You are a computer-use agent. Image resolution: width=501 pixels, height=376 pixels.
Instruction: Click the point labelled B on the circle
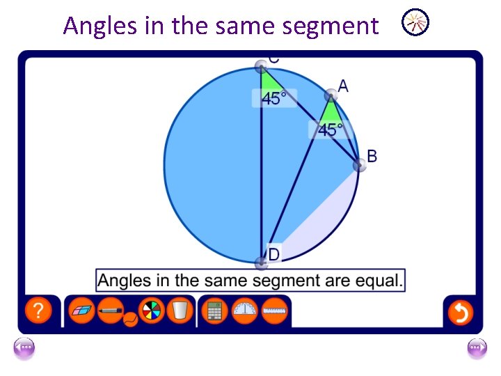pyautogui.click(x=359, y=165)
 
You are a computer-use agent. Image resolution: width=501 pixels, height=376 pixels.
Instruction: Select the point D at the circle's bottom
pyautogui.click(x=261, y=263)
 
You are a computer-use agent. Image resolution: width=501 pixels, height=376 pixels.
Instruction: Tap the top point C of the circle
pyautogui.click(x=261, y=66)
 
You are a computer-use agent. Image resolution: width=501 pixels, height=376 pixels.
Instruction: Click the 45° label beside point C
pyautogui.click(x=274, y=99)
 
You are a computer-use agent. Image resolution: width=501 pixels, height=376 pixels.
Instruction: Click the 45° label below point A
pyautogui.click(x=331, y=130)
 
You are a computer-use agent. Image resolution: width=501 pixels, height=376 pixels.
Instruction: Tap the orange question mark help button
pyautogui.click(x=39, y=311)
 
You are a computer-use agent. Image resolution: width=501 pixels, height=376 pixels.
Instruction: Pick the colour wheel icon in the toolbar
pyautogui.click(x=151, y=311)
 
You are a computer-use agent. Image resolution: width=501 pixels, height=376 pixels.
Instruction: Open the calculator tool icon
pyautogui.click(x=214, y=311)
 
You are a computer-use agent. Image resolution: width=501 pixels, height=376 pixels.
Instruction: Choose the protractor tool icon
pyautogui.click(x=245, y=311)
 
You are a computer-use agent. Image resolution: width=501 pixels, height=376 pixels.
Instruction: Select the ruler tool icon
pyautogui.click(x=276, y=311)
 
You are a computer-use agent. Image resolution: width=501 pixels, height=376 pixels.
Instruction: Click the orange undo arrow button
pyautogui.click(x=460, y=312)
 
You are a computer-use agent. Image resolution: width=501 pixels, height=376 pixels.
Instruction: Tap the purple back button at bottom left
pyautogui.click(x=24, y=347)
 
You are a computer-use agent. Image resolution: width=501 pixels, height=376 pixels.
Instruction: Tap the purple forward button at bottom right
pyautogui.click(x=477, y=347)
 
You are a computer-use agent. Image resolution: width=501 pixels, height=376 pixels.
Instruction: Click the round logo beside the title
pyautogui.click(x=416, y=24)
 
